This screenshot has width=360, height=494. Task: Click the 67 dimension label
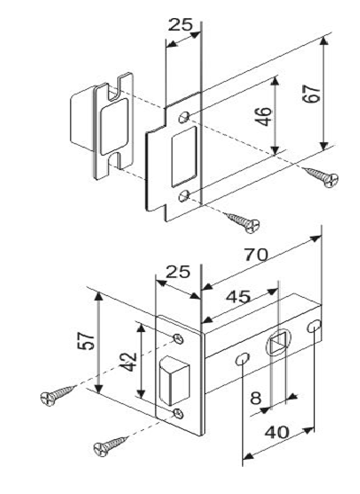pos(311,94)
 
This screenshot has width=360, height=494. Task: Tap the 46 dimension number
pos(263,116)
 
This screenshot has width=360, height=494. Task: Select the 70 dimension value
pos(256,255)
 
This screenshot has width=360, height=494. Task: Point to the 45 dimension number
pos(238,297)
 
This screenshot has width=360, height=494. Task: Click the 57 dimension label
pos(86,340)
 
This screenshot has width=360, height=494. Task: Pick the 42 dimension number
pos(129,362)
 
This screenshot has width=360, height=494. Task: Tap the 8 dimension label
pos(256,399)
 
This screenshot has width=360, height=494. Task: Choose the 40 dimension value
pos(277,433)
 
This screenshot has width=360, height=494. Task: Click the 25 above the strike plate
pos(180,24)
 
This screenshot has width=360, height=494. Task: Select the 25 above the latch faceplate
pos(178,272)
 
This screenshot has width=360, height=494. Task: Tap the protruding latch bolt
pos(175,381)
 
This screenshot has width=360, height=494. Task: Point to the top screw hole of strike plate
pos(184,117)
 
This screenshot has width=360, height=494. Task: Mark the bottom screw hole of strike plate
pos(184,195)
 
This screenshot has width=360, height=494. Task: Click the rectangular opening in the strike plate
pos(184,157)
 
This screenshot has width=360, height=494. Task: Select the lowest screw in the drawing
pos(112,445)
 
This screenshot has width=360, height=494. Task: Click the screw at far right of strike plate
pos(321,177)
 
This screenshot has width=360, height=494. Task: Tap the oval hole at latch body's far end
pos(314,326)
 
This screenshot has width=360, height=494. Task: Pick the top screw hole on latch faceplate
pos(179,339)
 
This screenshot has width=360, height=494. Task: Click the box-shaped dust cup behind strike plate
pos(81,117)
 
